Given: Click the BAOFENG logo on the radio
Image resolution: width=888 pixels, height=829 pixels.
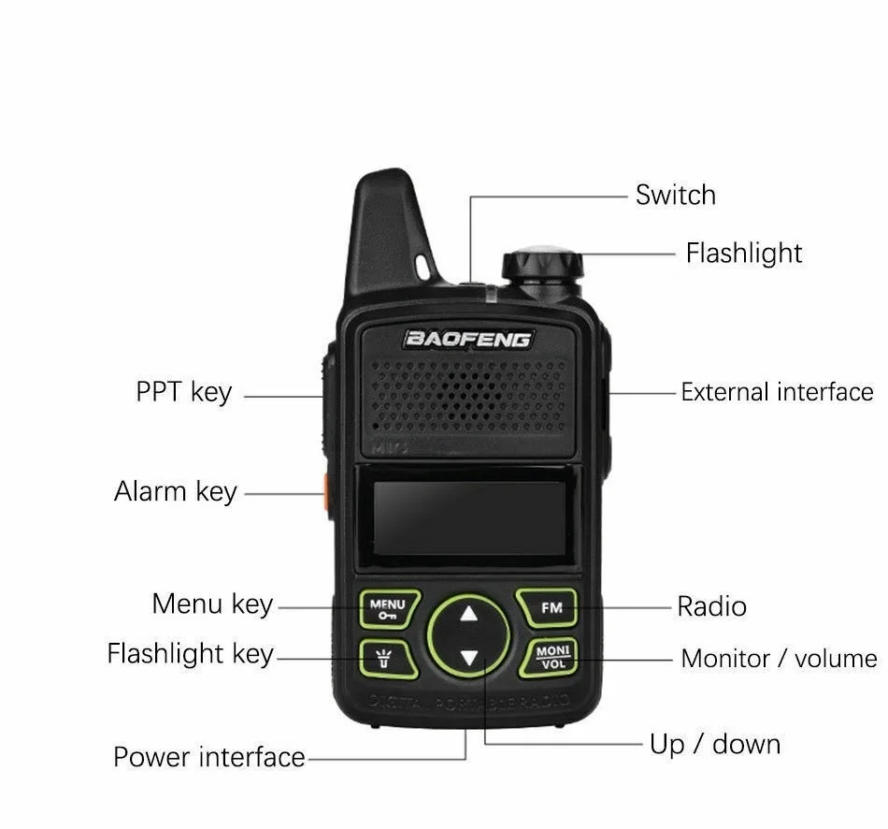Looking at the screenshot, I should (468, 339).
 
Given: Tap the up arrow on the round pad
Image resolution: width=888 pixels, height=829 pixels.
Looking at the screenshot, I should (468, 615).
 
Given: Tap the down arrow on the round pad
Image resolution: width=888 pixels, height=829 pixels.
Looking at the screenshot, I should (468, 658).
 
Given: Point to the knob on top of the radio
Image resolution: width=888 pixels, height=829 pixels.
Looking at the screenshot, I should (542, 265).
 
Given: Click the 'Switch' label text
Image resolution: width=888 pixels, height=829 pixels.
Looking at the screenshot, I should (675, 196).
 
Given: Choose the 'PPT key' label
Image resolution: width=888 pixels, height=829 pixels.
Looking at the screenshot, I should (183, 391).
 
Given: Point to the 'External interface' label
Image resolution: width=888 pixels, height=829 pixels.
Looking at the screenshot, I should (776, 392).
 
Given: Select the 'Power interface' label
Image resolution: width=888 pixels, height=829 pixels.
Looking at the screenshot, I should (209, 756).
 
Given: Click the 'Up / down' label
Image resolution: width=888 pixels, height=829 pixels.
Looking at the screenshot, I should (714, 745).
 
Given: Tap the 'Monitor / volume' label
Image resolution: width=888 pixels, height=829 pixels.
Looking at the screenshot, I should (778, 659).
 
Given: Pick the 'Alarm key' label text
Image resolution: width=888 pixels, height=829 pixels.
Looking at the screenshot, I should (176, 491).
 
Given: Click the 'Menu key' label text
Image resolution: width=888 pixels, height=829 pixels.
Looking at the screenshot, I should (212, 604).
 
